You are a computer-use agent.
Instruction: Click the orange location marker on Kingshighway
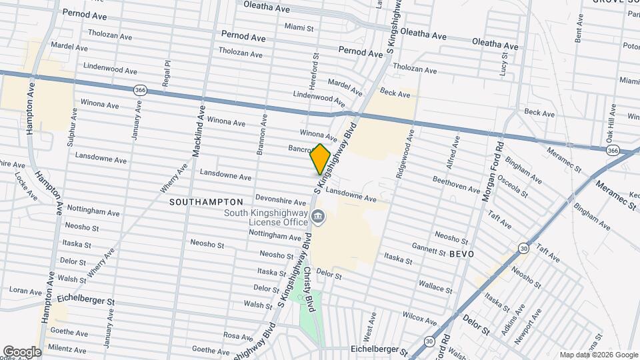click(321, 159)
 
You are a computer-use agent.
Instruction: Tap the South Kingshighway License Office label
click(267, 217)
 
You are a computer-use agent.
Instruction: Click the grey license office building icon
click(318, 216)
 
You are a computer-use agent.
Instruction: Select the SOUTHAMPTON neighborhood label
click(206, 201)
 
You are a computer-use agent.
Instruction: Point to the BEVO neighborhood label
click(461, 255)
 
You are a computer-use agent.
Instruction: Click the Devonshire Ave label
click(281, 200)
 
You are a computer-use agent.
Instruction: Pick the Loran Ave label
click(26, 291)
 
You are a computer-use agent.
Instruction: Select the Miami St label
click(299, 28)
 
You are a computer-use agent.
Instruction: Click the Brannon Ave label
click(262, 135)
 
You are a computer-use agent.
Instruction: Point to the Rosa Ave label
click(239, 335)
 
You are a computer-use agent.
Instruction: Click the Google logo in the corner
click(22, 352)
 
